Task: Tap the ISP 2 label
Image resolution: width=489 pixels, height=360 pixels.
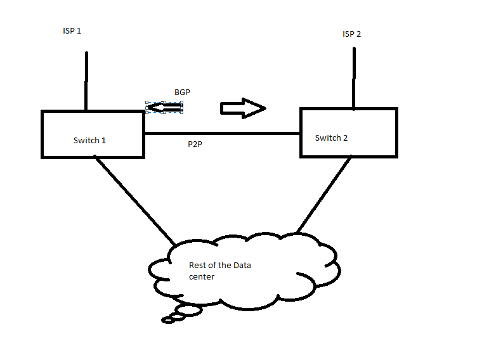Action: [x=351, y=34]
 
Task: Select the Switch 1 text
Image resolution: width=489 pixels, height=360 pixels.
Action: [x=89, y=140]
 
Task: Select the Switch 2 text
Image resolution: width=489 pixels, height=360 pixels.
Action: [x=331, y=138]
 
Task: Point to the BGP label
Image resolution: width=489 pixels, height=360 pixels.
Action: [x=182, y=93]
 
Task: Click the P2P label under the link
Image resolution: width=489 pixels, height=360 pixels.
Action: [x=195, y=145]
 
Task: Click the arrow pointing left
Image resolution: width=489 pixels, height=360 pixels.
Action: [x=164, y=108]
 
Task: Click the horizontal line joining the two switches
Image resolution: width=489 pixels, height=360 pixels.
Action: [x=222, y=134]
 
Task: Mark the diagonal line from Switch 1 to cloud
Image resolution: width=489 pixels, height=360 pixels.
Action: [x=134, y=201]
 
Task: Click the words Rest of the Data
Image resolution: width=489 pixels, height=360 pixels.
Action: [x=220, y=265]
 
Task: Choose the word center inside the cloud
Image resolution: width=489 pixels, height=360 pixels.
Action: [x=202, y=277]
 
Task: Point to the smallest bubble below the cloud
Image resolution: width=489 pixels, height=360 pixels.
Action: [x=168, y=321]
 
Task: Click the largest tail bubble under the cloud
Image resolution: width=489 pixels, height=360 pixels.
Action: [x=188, y=310]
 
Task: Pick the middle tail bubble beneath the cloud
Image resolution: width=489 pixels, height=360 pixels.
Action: [x=177, y=316]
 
